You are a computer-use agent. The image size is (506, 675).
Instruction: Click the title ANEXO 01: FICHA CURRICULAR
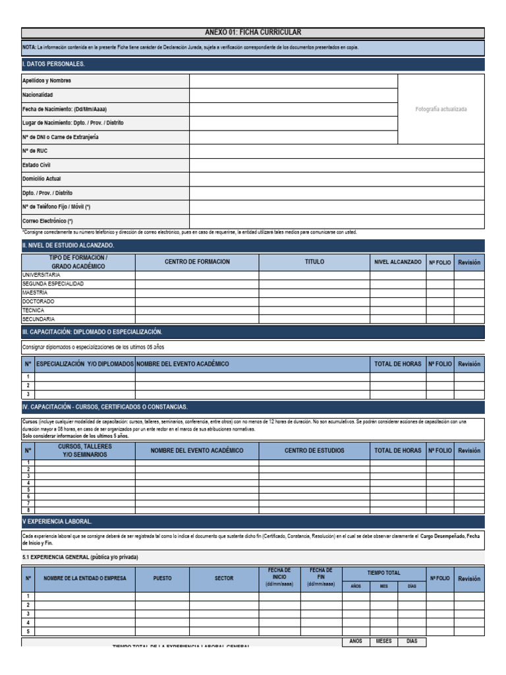pyautogui.click(x=253, y=32)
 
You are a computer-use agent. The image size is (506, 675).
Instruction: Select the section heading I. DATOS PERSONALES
pyautogui.click(x=53, y=64)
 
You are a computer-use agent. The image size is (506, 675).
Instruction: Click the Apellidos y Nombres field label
pyautogui.click(x=47, y=80)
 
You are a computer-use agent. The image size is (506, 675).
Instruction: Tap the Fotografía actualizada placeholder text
pyautogui.click(x=441, y=109)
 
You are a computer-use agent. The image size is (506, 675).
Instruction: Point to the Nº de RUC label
pyautogui.click(x=35, y=151)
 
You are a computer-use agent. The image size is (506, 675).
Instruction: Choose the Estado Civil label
pyautogui.click(x=36, y=165)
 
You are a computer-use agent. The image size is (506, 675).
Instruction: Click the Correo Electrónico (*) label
pyautogui.click(x=47, y=221)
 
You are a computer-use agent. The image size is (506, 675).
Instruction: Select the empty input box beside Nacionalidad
pyautogui.click(x=293, y=95)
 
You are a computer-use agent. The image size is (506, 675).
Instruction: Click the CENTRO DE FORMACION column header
pyautogui.click(x=197, y=262)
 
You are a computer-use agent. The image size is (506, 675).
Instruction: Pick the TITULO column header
pyautogui.click(x=314, y=262)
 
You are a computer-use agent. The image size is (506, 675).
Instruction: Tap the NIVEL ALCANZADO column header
pyautogui.click(x=397, y=262)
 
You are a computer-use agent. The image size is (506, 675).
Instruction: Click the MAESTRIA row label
pyautogui.click(x=35, y=292)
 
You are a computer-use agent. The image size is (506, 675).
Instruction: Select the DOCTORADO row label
pyautogui.click(x=38, y=301)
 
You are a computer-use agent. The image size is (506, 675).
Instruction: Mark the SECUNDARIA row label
pyautogui.click(x=38, y=318)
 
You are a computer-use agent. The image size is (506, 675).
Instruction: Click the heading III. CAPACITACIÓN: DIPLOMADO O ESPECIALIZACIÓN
pyautogui.click(x=92, y=332)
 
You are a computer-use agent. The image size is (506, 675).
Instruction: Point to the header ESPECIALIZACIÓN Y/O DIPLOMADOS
pyautogui.click(x=85, y=364)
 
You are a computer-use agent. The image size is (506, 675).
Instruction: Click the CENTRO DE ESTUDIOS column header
pyautogui.click(x=314, y=450)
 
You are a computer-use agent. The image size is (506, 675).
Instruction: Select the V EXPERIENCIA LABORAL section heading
pyautogui.click(x=57, y=521)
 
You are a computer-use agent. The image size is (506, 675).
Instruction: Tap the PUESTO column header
pyautogui.click(x=162, y=578)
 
